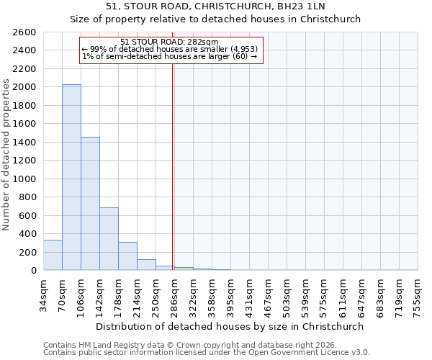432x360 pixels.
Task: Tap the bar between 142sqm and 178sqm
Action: [109, 239]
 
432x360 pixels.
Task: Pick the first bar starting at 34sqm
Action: [53, 255]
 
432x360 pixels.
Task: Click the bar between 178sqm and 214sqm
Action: [127, 256]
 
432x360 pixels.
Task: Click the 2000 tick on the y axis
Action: [26, 87]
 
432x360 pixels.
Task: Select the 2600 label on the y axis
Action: [26, 32]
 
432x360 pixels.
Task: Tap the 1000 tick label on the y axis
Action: [26, 179]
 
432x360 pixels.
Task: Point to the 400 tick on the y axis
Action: [29, 234]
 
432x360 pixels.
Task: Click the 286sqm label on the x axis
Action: [175, 295]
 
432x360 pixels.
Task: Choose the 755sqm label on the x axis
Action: [418, 295]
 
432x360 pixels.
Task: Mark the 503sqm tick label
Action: [287, 295]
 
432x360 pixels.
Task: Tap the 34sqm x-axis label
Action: [44, 295]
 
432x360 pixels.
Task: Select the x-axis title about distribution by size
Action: [230, 326]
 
